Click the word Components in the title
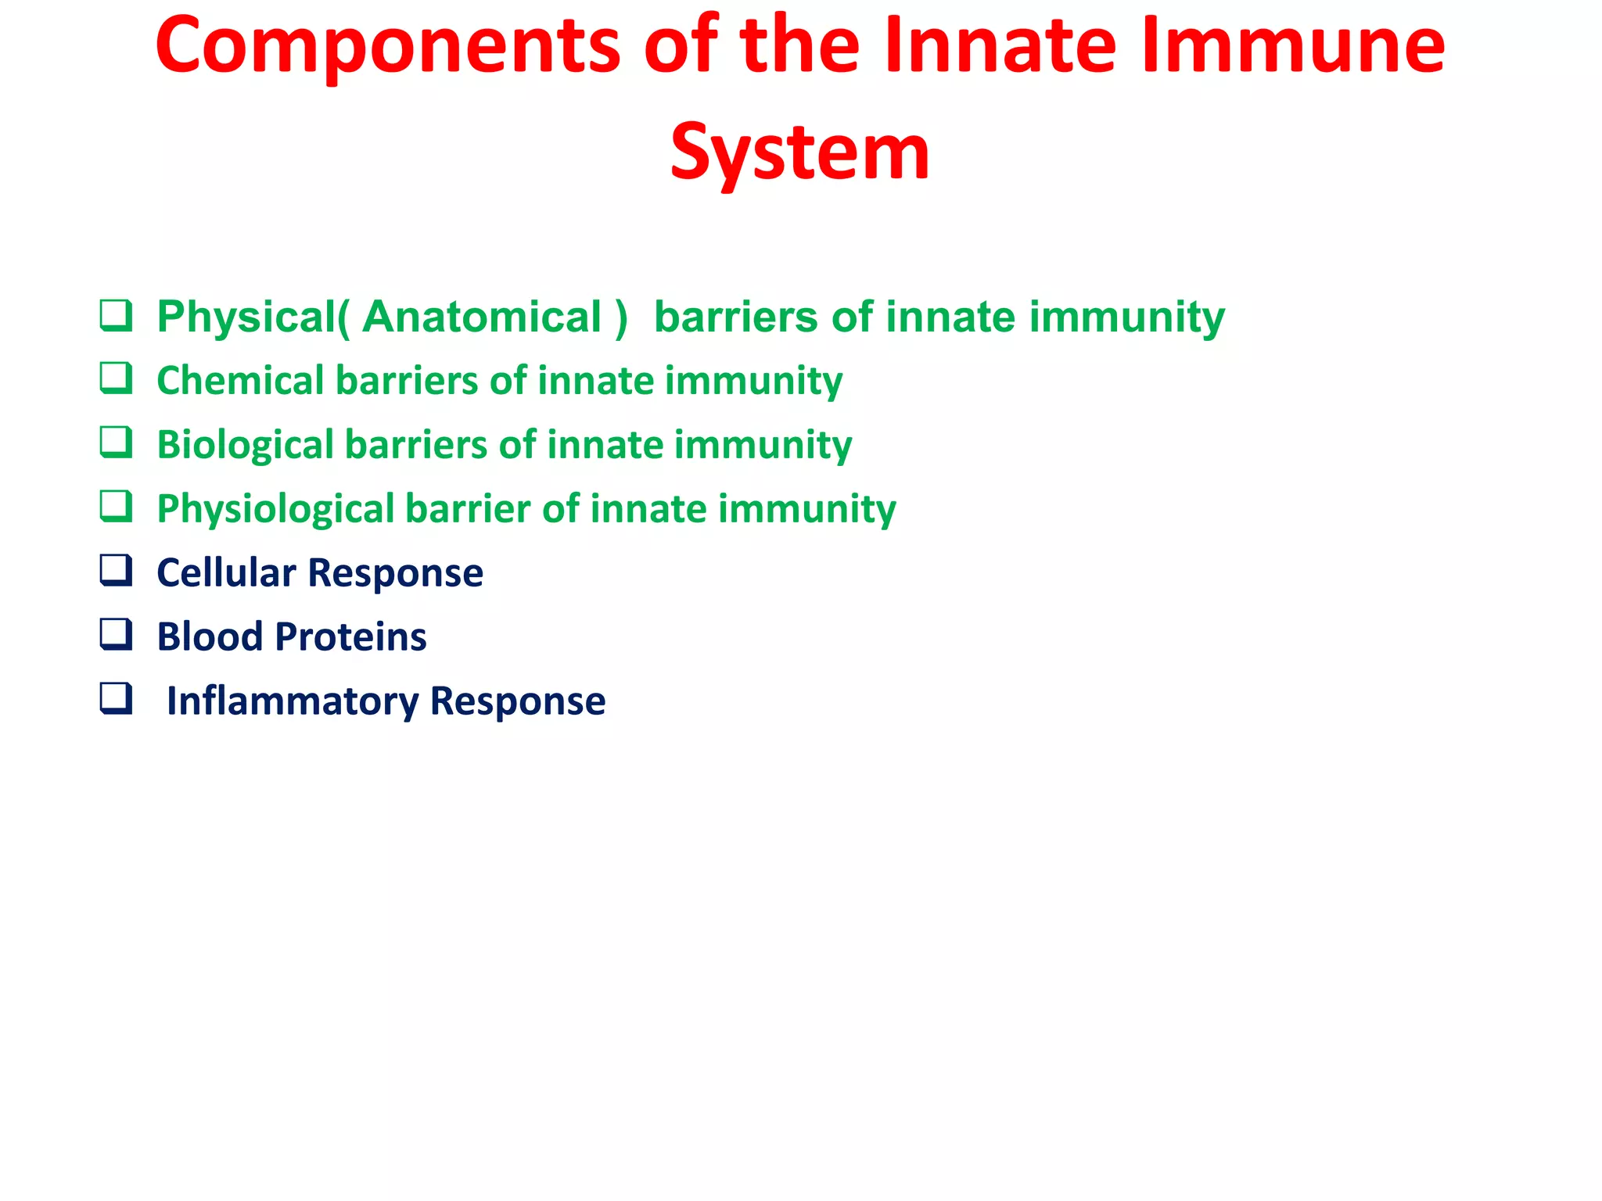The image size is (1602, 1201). coord(388,48)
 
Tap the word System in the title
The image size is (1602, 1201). coord(800,153)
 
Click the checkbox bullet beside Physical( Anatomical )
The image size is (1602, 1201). coord(116,316)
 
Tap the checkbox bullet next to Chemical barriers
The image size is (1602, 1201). coord(116,379)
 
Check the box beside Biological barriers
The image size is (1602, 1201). coord(116,443)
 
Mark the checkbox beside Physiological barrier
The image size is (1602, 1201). coord(116,507)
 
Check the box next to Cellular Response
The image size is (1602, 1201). coord(116,572)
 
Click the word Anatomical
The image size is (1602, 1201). coord(482,317)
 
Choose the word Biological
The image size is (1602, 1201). coord(246,446)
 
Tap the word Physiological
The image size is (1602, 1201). coord(276,510)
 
